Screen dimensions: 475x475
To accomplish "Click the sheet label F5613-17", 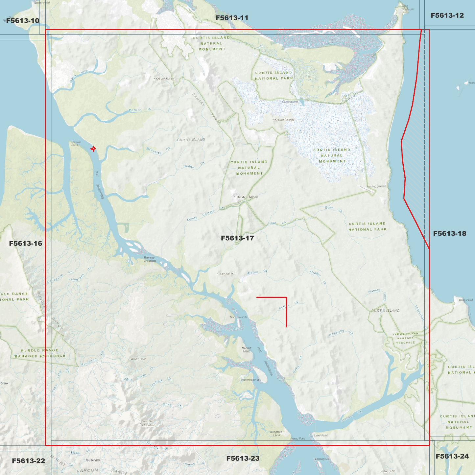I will click(x=237, y=238).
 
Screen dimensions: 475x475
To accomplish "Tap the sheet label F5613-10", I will click(x=23, y=21).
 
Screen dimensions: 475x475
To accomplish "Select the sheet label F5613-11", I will click(x=232, y=18).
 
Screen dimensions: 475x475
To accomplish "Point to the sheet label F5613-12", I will click(x=447, y=15).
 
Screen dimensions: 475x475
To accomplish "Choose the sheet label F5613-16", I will click(x=26, y=244).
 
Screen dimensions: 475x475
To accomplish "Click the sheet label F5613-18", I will click(x=449, y=234).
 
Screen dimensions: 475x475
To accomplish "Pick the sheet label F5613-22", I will click(x=28, y=461).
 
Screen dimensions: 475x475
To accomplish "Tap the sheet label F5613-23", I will click(x=243, y=458).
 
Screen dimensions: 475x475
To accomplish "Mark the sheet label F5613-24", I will click(x=452, y=456).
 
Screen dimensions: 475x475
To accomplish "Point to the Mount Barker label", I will click(x=165, y=79).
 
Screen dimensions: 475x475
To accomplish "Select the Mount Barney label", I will click(x=284, y=120).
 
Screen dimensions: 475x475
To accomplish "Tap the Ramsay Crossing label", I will click(x=150, y=259).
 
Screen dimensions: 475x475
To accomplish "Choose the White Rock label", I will click(x=138, y=359).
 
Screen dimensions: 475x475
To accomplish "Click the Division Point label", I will click(x=76, y=144).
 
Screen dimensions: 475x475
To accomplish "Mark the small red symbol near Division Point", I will click(x=93, y=149).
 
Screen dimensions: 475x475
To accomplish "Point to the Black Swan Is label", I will click(x=238, y=318).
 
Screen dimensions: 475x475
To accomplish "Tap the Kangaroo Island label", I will click(x=276, y=434).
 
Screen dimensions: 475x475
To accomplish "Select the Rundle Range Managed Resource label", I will click(x=40, y=353).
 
